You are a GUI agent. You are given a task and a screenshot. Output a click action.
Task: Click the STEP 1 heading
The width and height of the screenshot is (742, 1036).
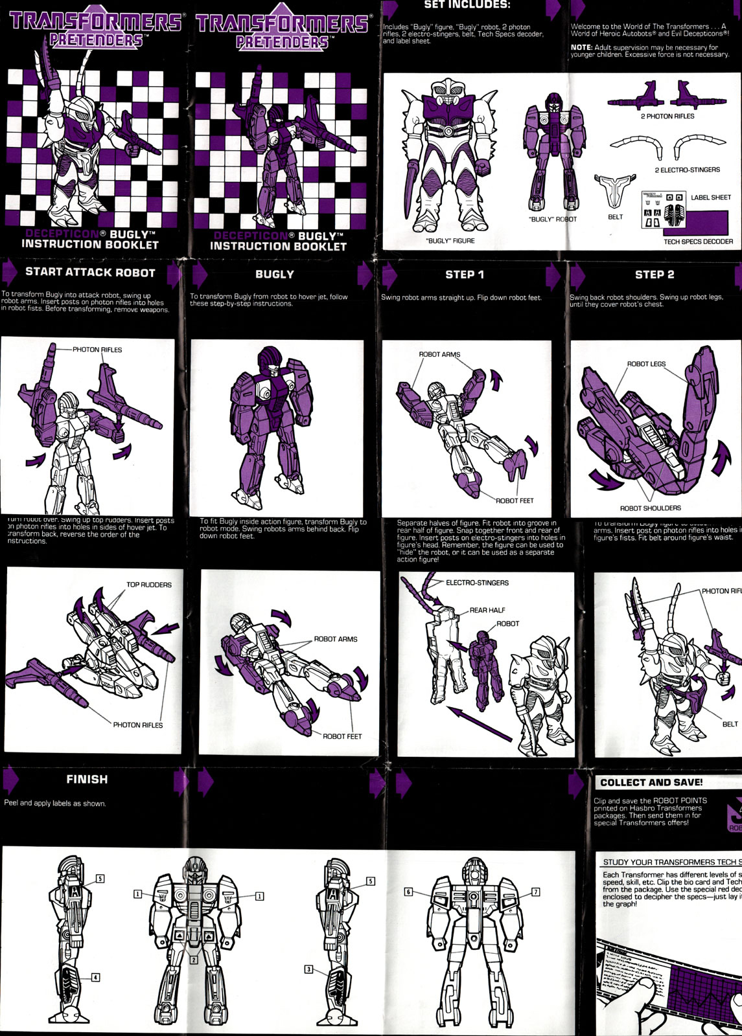(464, 275)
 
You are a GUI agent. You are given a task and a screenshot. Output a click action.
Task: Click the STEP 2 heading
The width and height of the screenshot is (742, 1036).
(654, 275)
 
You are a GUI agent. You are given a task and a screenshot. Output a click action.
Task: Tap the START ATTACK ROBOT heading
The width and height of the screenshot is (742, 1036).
(90, 273)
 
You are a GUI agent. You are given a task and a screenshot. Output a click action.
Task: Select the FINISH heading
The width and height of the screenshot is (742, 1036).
(87, 780)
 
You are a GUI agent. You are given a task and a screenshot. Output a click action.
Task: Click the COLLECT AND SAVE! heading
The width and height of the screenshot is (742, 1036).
(651, 782)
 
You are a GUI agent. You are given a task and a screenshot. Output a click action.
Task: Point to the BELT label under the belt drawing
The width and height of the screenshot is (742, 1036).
(615, 218)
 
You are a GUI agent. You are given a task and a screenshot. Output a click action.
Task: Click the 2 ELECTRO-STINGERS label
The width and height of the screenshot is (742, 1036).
(687, 170)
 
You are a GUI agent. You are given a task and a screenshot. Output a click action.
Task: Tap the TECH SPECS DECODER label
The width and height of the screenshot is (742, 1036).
(698, 242)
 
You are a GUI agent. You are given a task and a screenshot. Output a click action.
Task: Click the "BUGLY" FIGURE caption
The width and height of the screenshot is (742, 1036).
(450, 241)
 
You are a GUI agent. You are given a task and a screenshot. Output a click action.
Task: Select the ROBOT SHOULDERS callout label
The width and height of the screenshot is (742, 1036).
(650, 508)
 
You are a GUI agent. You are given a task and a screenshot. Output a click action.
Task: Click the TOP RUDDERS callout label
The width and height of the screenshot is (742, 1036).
(149, 585)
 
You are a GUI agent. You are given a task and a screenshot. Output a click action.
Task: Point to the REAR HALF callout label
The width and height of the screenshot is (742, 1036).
(487, 610)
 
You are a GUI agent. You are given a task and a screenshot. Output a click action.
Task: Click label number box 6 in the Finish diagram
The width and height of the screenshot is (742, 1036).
(408, 892)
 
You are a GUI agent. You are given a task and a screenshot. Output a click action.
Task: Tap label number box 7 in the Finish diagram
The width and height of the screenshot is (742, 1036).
(535, 892)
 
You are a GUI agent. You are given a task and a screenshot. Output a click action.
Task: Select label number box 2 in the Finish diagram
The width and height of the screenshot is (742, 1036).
(193, 960)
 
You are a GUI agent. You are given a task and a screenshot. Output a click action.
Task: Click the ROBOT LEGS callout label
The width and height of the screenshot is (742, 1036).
(646, 365)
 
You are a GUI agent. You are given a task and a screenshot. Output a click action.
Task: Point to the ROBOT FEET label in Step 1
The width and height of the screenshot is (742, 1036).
(515, 501)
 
